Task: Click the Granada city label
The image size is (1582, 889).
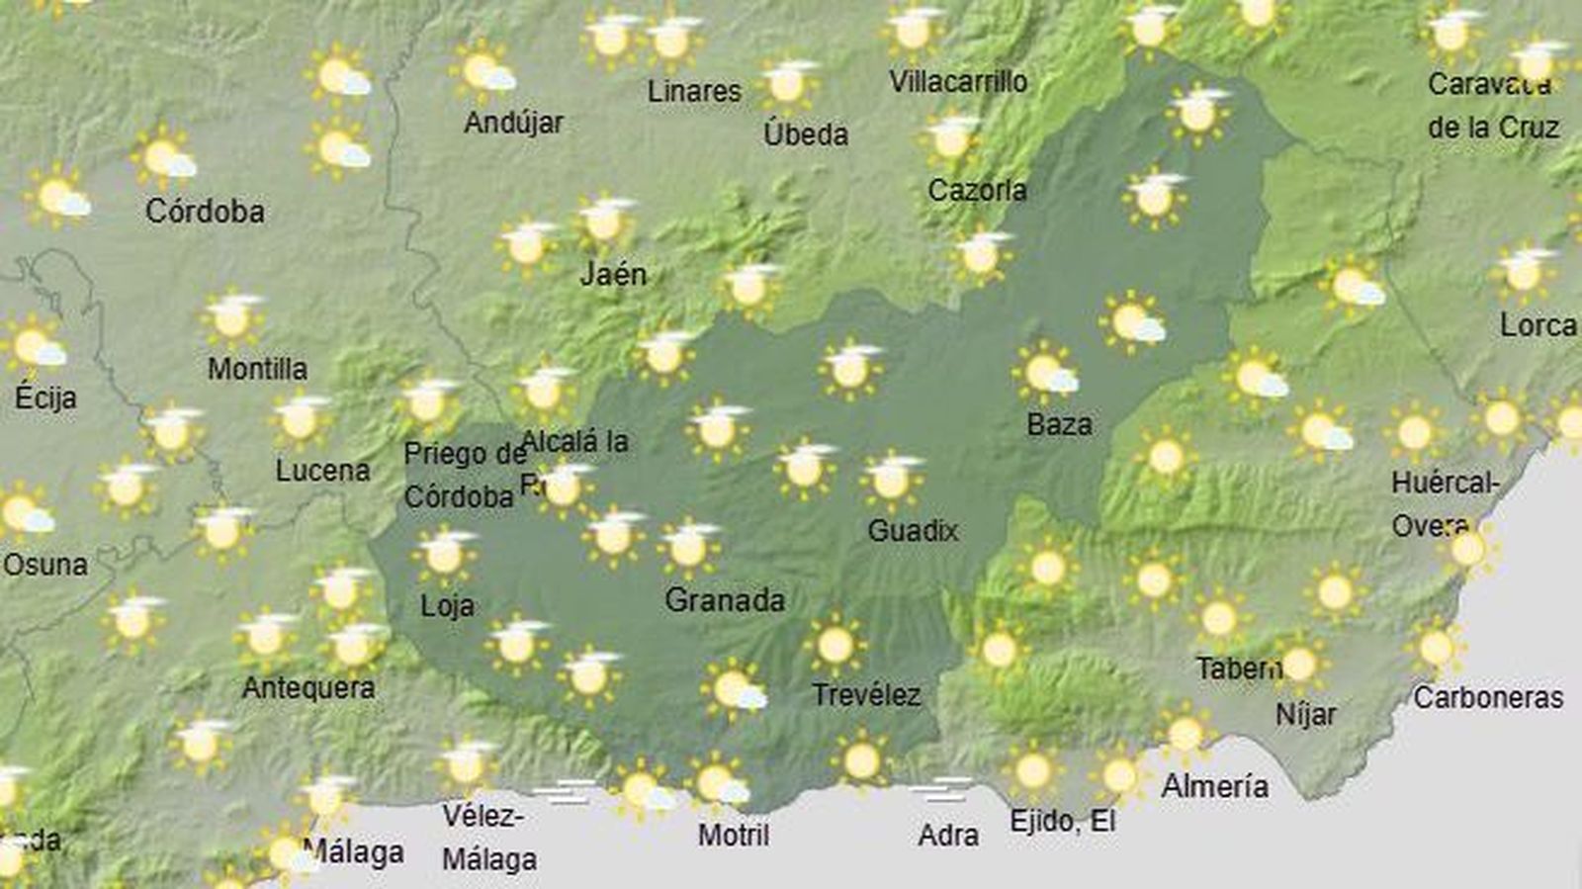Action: (x=725, y=599)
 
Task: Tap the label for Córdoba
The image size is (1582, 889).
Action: (x=205, y=211)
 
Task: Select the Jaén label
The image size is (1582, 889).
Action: (x=613, y=274)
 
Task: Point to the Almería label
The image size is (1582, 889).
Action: (x=1214, y=786)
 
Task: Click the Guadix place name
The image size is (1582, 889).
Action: (x=913, y=531)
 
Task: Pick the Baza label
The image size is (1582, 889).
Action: (x=1059, y=425)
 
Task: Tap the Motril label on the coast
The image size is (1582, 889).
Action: (x=733, y=835)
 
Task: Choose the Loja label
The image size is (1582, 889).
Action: (x=447, y=605)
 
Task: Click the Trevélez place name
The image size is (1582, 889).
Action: (x=866, y=695)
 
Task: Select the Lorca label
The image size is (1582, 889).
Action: (x=1538, y=324)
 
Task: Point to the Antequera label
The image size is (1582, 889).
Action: (x=308, y=687)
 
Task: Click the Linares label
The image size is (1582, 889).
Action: (x=694, y=91)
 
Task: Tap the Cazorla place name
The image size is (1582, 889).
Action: (x=977, y=190)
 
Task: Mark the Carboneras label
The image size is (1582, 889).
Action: (x=1487, y=697)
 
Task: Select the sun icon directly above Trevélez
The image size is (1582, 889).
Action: (x=835, y=646)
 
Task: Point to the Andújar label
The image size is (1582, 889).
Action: (x=513, y=123)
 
